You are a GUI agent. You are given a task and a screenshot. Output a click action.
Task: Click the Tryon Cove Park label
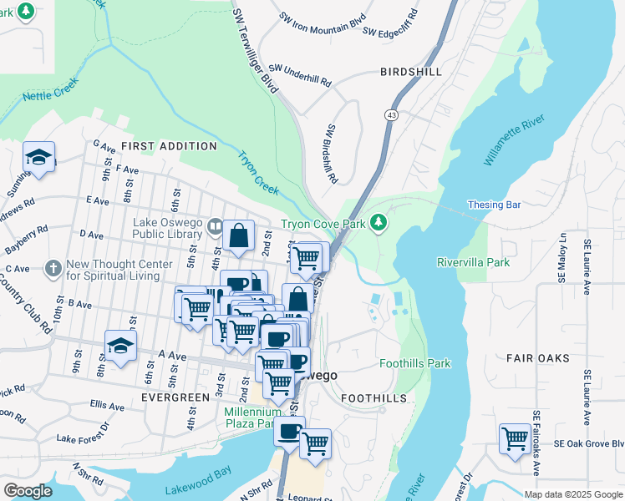pos(323,223)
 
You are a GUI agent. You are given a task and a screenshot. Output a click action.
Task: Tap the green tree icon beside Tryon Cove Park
pos(379,222)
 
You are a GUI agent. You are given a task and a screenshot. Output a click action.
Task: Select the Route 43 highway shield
pos(391,114)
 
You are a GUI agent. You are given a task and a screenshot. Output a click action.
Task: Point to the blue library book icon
pos(216,226)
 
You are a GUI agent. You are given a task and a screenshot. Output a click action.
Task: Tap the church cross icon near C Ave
pos(52,268)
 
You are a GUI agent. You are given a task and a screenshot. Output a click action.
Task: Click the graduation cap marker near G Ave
pos(38,157)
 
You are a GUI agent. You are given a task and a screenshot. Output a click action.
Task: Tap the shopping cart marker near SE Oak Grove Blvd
pos(515,437)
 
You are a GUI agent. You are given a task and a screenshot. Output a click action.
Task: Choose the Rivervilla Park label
pos(473,262)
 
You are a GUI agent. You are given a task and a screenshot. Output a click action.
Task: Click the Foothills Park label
pos(414,363)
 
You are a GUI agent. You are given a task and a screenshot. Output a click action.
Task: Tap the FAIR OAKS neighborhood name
pos(537,358)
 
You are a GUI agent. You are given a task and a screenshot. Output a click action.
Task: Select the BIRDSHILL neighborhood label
pos(410,72)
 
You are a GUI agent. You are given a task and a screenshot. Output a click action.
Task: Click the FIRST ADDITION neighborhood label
pos(168,145)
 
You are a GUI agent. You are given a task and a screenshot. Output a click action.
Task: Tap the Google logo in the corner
pos(28,491)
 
